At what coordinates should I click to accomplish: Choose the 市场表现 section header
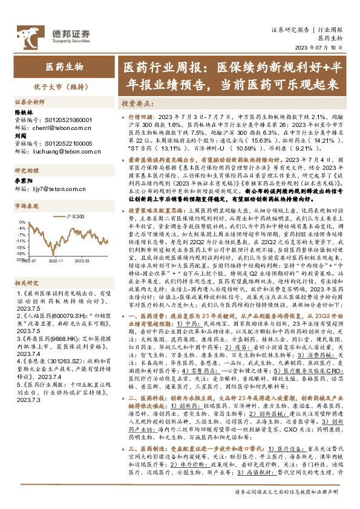pyautogui.click(x=27, y=206)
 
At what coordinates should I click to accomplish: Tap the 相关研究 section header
pyautogui.click(x=27, y=281)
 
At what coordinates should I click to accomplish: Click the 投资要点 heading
pyautogui.click(x=136, y=103)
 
